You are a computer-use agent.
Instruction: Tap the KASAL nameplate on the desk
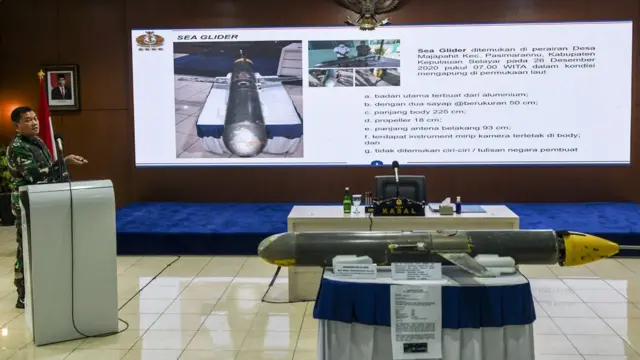[x=398, y=207]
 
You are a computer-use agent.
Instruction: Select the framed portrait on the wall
[x=61, y=88]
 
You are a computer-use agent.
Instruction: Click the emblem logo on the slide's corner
[x=150, y=40]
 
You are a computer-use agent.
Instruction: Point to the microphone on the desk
[x=396, y=172]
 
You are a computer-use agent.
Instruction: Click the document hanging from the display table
[x=416, y=318]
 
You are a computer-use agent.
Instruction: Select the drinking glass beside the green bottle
[x=357, y=203]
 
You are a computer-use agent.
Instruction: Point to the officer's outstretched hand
[x=78, y=159]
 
